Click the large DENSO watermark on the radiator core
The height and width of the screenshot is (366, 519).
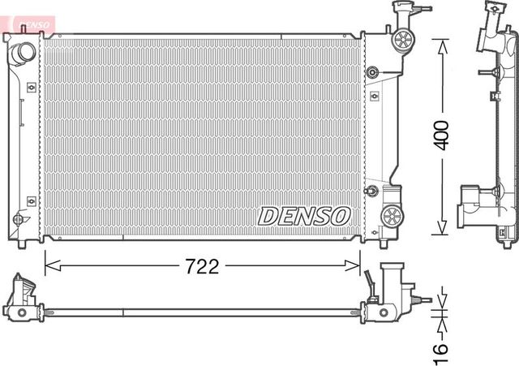[x=304, y=216]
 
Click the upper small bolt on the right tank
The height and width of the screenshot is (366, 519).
[x=372, y=72]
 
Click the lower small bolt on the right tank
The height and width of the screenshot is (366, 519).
[x=372, y=192]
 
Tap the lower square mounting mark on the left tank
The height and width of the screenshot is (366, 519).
[x=31, y=200]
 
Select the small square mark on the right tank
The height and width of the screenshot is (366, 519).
[x=374, y=96]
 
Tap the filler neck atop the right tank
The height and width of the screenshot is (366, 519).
[x=401, y=11]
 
